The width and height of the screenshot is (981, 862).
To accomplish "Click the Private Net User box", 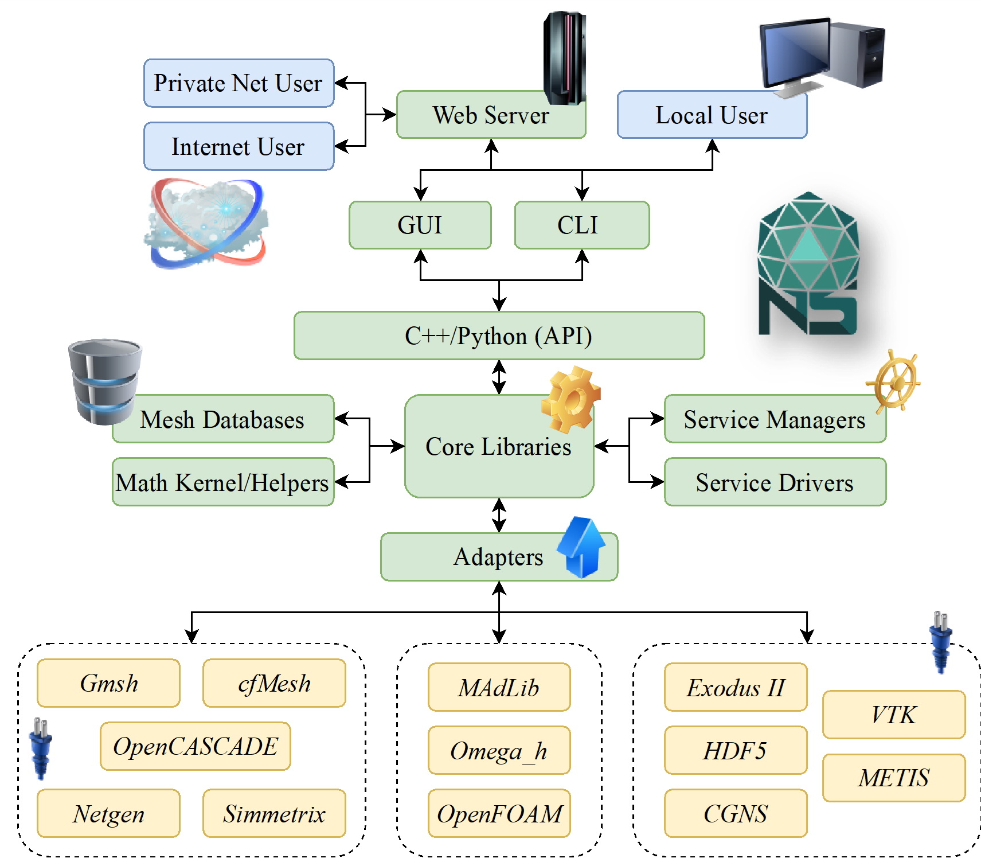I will click(x=239, y=83).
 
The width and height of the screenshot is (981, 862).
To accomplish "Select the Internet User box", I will click(x=239, y=146).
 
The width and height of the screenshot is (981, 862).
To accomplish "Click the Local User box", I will click(x=712, y=115).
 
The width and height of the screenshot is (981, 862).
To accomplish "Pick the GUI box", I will click(x=420, y=225).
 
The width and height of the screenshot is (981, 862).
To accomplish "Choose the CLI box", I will click(x=581, y=225).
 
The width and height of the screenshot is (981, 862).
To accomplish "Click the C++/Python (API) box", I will click(x=499, y=336).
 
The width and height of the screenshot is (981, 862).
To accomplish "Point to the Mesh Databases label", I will click(x=222, y=420).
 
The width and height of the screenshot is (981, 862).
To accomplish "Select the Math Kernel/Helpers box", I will click(x=222, y=482).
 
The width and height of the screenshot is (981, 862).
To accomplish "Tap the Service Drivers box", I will click(x=775, y=482).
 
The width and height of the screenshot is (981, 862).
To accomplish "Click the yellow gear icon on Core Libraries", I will click(x=570, y=400).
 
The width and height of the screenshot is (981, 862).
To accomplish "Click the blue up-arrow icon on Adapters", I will click(x=582, y=548).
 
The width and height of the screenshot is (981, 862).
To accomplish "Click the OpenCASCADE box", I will click(x=196, y=746).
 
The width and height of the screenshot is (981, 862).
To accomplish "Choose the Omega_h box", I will click(x=499, y=750).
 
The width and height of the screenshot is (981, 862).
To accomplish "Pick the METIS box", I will click(x=893, y=778).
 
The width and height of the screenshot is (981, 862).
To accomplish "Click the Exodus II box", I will click(x=736, y=687).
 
